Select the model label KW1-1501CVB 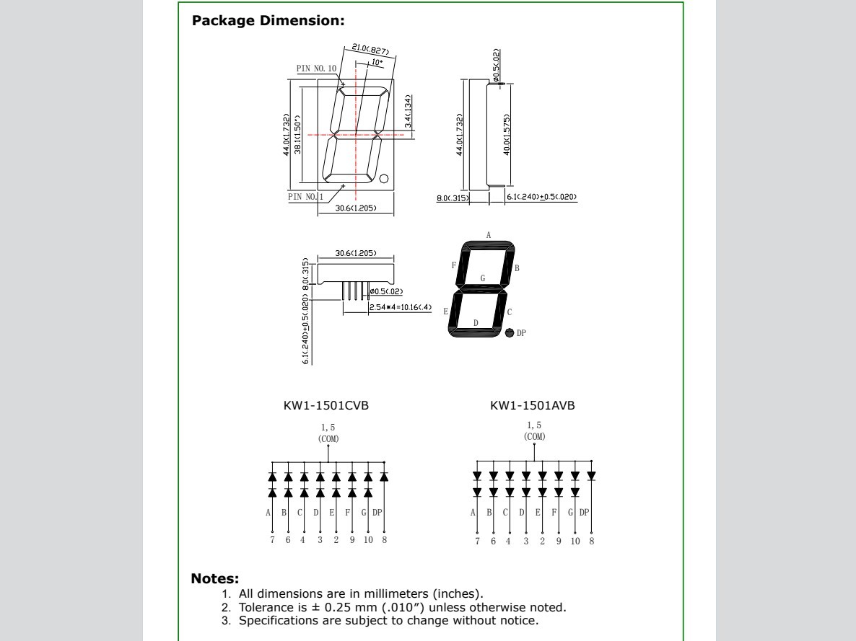(x=326, y=406)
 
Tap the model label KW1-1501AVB (x=533, y=406)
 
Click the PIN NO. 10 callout (x=316, y=68)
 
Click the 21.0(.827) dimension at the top (x=371, y=51)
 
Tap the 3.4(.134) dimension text (x=408, y=112)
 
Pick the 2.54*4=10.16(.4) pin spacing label (x=400, y=307)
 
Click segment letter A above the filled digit (x=489, y=235)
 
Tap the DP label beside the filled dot (x=523, y=333)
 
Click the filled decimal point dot (x=510, y=333)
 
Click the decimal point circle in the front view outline (x=384, y=179)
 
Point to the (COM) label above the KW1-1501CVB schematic (x=328, y=438)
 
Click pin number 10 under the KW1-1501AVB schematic (x=575, y=540)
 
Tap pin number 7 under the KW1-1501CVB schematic (x=272, y=540)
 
